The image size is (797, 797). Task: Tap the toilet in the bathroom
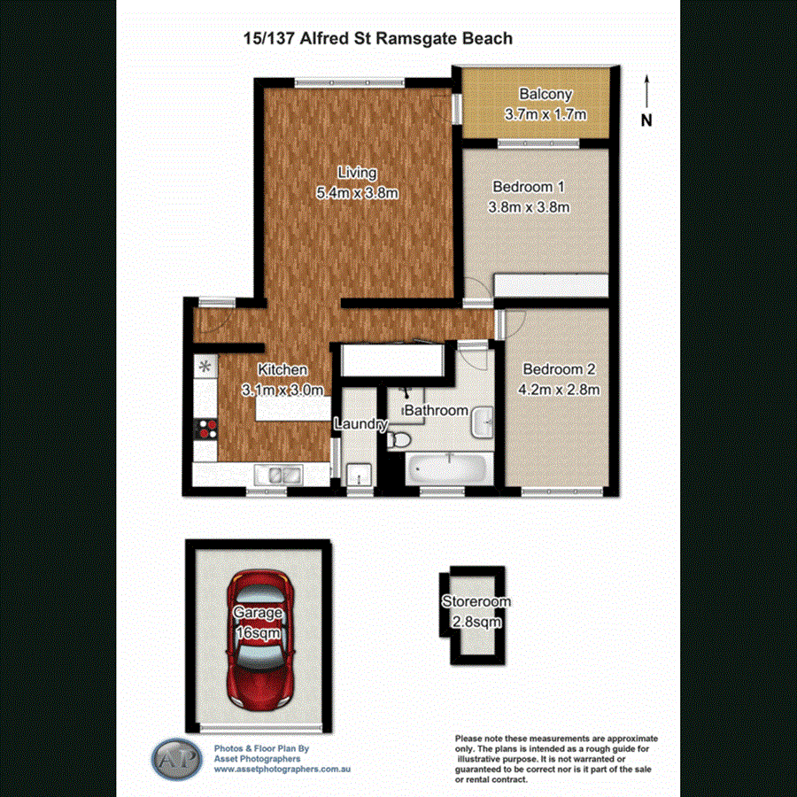pos(400,438)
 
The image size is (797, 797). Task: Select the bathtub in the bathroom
pos(449,468)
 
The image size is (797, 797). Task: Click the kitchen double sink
pos(278,476)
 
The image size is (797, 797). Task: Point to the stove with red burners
pos(206,429)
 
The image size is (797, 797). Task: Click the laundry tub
pos(358,475)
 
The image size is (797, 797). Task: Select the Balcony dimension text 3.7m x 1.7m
pos(546,114)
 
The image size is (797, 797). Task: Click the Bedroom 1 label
pos(529,187)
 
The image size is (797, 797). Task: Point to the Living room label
pos(357,173)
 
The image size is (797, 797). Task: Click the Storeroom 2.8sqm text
pos(476,622)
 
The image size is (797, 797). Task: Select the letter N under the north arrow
pos(646,120)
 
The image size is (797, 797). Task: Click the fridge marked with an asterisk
pos(205,366)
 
